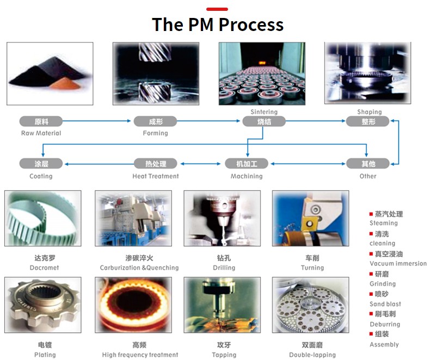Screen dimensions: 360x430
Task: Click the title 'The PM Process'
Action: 217,24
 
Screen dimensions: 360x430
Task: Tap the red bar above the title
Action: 217,9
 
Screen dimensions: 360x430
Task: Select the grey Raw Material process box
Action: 41,121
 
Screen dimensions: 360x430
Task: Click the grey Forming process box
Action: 155,121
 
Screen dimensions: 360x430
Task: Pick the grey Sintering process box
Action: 264,121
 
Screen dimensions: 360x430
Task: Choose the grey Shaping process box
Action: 368,121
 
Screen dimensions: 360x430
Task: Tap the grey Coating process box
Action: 41,163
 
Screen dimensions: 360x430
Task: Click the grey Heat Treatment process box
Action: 156,163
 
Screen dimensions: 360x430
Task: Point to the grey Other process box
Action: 368,163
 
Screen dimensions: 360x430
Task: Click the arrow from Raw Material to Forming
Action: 98,121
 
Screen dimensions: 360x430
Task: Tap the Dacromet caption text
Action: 45,268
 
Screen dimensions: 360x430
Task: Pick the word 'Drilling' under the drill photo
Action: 224,268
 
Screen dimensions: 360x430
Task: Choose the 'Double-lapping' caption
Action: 312,355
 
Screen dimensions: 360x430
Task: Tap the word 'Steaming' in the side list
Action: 384,223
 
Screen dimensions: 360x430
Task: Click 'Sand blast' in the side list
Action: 385,304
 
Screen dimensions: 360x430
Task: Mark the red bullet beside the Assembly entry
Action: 371,333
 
